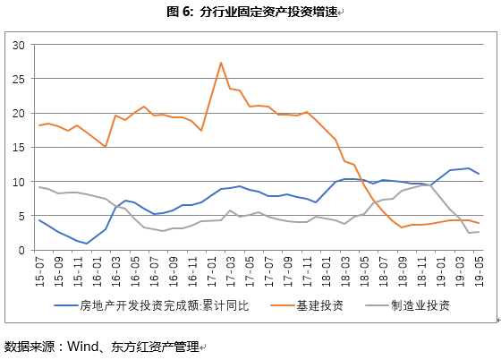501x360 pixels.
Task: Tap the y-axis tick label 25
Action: pyautogui.click(x=18, y=79)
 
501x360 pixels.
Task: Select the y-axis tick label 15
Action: pyautogui.click(x=18, y=148)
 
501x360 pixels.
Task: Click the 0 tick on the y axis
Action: pyautogui.click(x=21, y=251)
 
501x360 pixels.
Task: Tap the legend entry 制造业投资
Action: pyautogui.click(x=421, y=304)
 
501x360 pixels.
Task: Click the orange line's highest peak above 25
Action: pyautogui.click(x=221, y=63)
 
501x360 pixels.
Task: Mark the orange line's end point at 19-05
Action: pyautogui.click(x=479, y=223)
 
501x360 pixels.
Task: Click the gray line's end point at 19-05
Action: pyautogui.click(x=479, y=232)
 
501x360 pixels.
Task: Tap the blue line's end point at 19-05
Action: pyautogui.click(x=479, y=174)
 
